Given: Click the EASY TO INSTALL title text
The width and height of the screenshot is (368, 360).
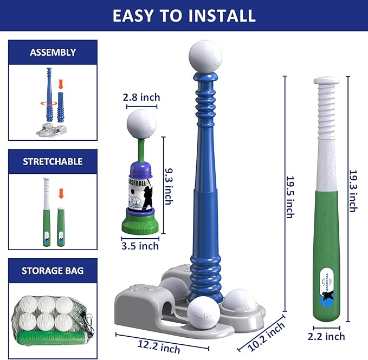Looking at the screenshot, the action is coord(184,16).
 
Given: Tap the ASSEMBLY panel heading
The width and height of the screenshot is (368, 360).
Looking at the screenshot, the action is coord(53,52).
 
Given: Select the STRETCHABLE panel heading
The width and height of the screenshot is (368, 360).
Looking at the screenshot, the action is coord(53,161).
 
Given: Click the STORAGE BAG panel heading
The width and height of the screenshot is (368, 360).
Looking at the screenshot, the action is coord(53,271).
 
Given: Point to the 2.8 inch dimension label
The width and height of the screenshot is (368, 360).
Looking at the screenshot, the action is coord(141,97).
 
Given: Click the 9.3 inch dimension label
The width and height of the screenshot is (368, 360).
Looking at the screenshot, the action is coord(169,186).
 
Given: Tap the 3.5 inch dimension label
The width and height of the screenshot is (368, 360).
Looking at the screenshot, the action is coord(140,246).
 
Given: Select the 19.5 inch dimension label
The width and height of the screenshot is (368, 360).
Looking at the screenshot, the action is coord(290,197).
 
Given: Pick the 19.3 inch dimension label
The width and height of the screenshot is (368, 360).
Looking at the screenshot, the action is coord(353,191).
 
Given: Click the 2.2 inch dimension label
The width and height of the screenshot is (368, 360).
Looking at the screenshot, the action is coord(326,337).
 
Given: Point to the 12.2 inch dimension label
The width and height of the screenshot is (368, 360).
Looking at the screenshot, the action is coord(159,347).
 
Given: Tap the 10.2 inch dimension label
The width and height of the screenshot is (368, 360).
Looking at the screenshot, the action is coord(266,337).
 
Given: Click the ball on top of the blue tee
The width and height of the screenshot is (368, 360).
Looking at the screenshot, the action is coord(205,56).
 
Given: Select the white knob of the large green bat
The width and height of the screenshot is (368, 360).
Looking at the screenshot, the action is coord(326,81).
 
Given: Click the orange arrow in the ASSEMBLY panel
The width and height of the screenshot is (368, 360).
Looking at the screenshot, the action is coord(61,84).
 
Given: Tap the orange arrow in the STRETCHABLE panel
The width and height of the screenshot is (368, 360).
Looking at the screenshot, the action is coord(61,194).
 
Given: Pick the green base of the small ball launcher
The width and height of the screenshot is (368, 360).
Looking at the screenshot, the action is coord(140,225).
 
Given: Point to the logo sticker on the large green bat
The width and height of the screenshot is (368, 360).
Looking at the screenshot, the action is coord(327,286).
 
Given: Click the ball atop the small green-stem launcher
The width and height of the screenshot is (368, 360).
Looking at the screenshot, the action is coord(141,124).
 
